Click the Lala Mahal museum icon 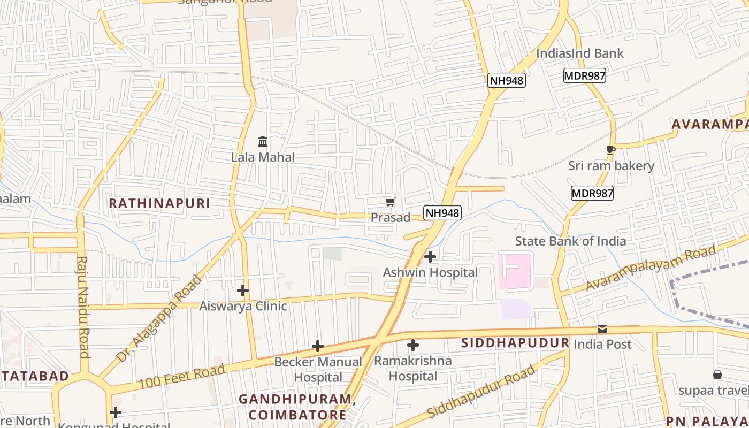[263, 142]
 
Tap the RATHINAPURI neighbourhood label [159, 203]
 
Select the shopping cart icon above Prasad [391, 202]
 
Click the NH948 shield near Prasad [442, 213]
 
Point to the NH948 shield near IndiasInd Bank [507, 80]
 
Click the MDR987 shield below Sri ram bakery [592, 193]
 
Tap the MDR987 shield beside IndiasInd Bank [584, 75]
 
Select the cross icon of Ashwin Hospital [430, 257]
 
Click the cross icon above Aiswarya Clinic [243, 291]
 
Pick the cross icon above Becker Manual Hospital [318, 346]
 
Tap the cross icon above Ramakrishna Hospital [412, 345]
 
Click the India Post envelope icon [602, 329]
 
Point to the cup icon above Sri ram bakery [610, 150]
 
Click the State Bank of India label [570, 241]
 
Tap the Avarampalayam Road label [651, 267]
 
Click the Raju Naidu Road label [83, 307]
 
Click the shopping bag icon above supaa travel [717, 374]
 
